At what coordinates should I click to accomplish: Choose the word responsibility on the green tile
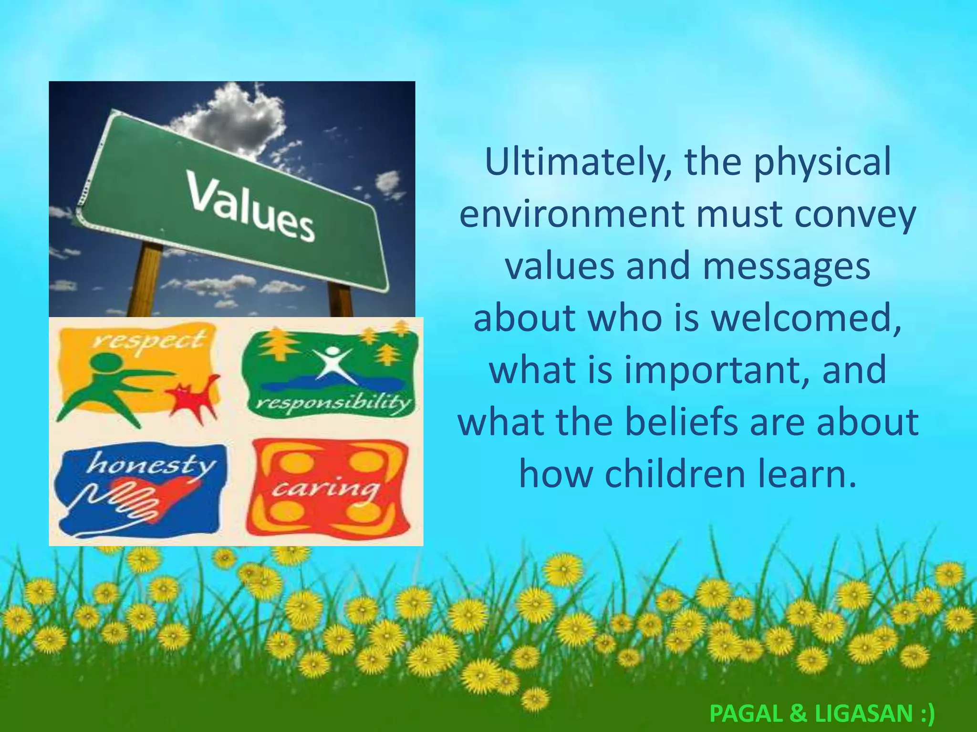(x=333, y=404)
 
